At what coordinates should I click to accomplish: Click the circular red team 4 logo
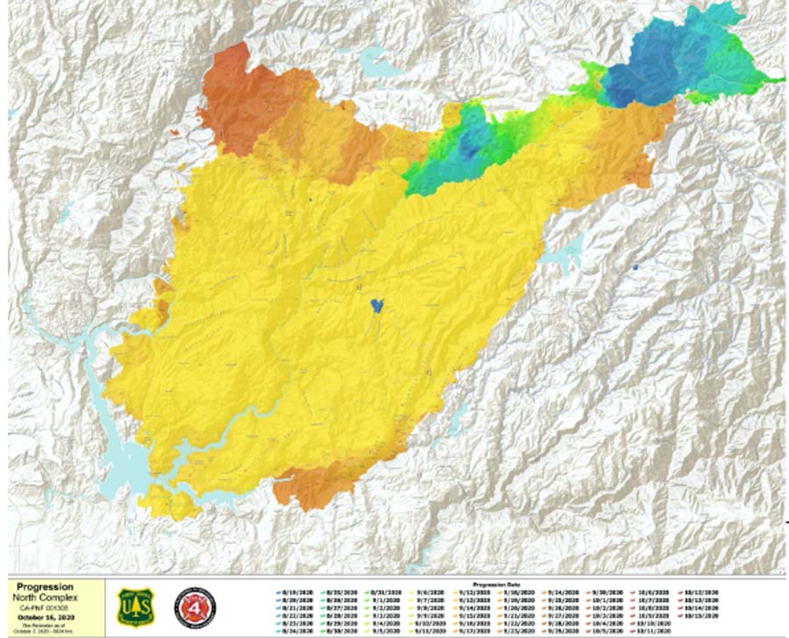195,607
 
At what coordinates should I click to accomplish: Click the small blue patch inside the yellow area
377,305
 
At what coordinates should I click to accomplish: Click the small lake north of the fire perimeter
379,63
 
